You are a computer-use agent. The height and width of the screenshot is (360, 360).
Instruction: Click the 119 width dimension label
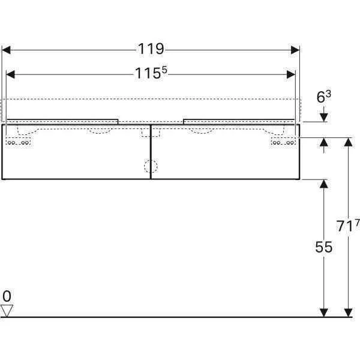[x=151, y=49]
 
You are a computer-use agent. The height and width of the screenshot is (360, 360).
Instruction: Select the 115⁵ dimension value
[x=151, y=73]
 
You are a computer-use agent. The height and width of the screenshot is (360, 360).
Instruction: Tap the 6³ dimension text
[x=324, y=97]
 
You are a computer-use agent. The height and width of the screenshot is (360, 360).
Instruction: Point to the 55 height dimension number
[x=324, y=247]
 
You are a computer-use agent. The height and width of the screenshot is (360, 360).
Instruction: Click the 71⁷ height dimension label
[x=348, y=226]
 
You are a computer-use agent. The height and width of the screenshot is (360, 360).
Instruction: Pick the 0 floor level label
[x=7, y=296]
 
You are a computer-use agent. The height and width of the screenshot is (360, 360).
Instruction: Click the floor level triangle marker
[x=7, y=311]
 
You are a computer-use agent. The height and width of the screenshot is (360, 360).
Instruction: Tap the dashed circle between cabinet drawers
[x=151, y=166]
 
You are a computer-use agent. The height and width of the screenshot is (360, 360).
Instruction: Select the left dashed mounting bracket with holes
[x=18, y=142]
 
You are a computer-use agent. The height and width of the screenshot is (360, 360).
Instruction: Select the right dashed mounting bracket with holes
[x=284, y=142]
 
